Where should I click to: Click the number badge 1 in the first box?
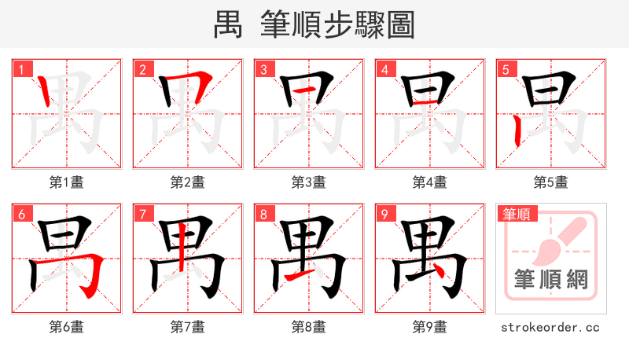21,70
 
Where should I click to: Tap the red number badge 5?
506,70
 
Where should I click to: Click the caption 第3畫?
308,182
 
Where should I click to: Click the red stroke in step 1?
46,95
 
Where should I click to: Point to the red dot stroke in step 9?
444,271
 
